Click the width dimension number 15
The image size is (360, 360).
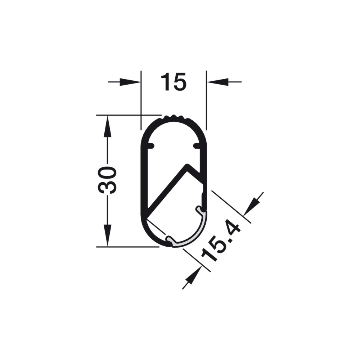173,82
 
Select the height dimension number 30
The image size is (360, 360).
107,180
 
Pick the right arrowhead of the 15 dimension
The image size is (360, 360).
218,82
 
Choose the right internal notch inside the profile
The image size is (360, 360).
197,146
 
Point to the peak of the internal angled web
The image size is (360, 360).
188,166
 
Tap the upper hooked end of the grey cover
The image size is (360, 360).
199,209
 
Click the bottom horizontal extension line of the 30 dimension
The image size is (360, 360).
126,247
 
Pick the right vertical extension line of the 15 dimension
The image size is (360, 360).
206,101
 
